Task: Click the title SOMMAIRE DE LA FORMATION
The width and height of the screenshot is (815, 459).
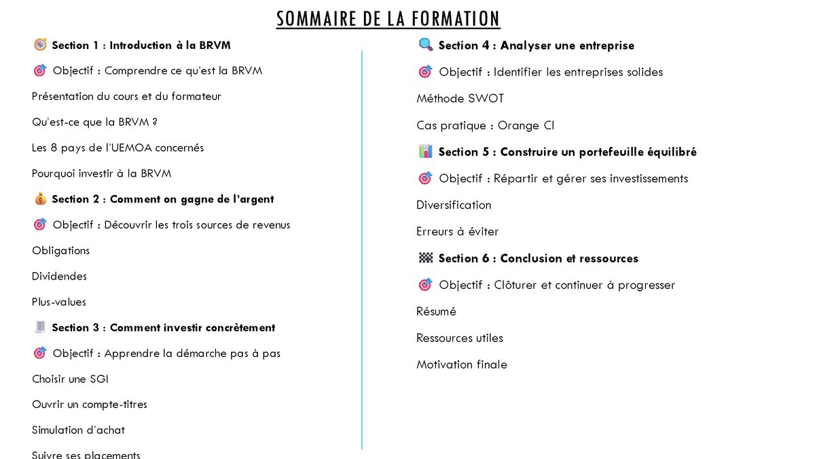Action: [388, 18]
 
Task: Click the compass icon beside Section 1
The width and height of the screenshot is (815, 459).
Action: [40, 45]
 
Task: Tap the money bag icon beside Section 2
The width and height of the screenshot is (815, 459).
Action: [40, 199]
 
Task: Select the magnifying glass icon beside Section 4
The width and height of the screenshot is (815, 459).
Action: [426, 45]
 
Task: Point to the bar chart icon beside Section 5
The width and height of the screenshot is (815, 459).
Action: [426, 152]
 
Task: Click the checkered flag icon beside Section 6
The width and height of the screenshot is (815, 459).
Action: [426, 258]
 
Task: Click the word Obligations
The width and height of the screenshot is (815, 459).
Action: [60, 250]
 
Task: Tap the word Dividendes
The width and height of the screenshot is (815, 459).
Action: [59, 276]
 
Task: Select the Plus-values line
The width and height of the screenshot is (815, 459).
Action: [59, 302]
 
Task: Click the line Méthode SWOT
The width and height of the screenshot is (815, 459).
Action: [460, 99]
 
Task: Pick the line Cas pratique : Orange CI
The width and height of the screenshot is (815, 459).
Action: [485, 125]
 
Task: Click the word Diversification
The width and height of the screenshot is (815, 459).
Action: [454, 205]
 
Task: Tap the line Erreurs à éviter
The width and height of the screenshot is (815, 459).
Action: [457, 231]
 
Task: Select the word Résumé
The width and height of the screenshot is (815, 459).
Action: [436, 311]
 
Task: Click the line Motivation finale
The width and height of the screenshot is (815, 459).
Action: [461, 364]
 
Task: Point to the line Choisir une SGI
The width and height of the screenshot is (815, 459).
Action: [70, 379]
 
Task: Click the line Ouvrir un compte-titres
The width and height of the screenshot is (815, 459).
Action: [89, 405]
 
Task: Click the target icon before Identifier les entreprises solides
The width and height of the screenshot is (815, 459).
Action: [425, 71]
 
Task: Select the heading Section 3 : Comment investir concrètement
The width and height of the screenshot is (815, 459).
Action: [163, 328]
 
